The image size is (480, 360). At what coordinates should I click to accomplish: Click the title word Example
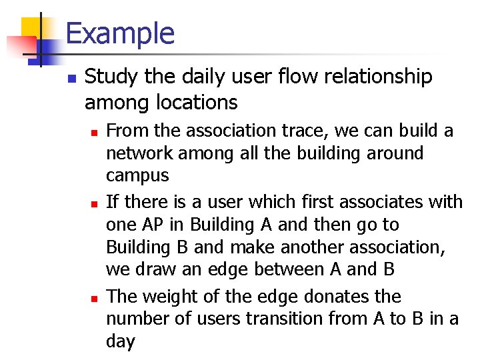click(120, 33)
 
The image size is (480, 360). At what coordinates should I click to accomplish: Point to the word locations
click(199, 103)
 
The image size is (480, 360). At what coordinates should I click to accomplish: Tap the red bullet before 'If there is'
click(95, 203)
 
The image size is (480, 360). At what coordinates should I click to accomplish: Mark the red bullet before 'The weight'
click(95, 297)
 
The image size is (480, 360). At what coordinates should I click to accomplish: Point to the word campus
click(138, 177)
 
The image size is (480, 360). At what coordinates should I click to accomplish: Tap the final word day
click(121, 342)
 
